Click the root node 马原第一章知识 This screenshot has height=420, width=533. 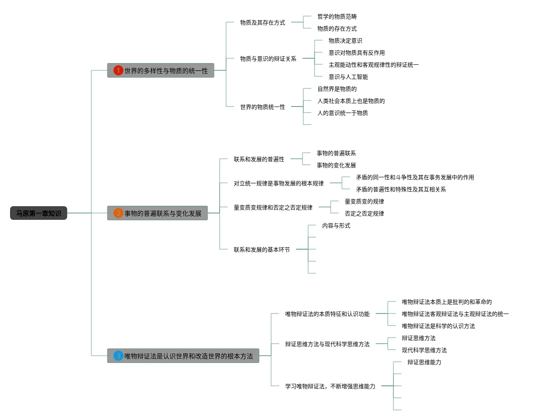[39, 213]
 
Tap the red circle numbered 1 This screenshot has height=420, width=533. [118, 71]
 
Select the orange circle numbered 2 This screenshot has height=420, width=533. [118, 213]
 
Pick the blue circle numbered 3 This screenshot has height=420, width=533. [118, 356]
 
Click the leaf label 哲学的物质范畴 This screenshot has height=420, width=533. [337, 16]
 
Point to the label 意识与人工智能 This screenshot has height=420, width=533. [348, 77]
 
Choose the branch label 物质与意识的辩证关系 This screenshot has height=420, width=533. [268, 59]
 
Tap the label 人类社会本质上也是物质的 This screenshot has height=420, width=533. [351, 101]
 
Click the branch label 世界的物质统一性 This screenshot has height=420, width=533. [263, 107]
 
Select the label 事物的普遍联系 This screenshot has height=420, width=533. [336, 153]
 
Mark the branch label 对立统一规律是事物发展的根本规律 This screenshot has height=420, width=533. [279, 183]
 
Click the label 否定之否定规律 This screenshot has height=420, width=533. [364, 213]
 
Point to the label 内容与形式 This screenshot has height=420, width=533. [336, 226]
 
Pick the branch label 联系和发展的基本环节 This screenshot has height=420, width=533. [262, 250]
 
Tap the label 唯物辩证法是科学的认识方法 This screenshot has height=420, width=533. [438, 326]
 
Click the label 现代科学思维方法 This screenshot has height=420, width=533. [424, 350]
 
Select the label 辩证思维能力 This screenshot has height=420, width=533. [424, 363]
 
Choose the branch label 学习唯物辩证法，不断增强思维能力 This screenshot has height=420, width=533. [330, 386]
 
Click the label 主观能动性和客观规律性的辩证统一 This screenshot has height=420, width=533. [373, 65]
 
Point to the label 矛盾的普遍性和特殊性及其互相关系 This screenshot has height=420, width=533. [401, 190]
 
